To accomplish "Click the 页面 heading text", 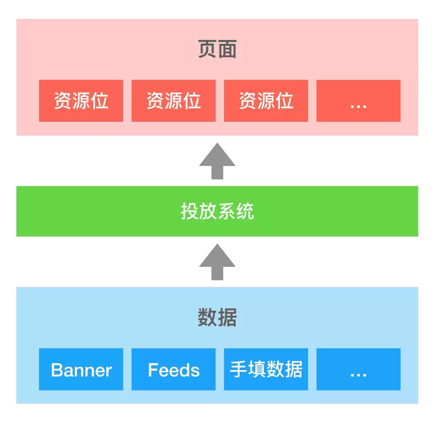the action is coord(217,49).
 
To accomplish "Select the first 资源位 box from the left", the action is coord(81,101).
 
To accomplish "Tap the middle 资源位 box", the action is coord(174,101).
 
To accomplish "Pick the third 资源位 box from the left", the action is coord(266,101).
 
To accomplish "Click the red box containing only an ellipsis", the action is coord(359,101).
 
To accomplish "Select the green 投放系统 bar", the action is coord(217,211).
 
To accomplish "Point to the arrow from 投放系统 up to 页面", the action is coord(217,161).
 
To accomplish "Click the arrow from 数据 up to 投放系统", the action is coord(217,262).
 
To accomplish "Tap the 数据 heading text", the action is coord(217,317).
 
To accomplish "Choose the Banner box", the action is coord(81,369).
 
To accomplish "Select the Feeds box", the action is coord(174,369).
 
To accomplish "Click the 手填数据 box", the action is coord(266,369).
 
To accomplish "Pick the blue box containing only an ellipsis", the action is coord(359,369).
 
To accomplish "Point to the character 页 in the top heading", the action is coord(207,49).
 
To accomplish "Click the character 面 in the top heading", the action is coord(227,49).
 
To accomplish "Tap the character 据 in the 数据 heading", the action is coord(227,317).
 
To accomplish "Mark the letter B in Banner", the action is coord(57,370).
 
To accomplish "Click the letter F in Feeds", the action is coord(153,370).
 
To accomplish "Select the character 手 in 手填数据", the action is coord(238,369).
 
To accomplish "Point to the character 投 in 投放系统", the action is coord(190,211).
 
